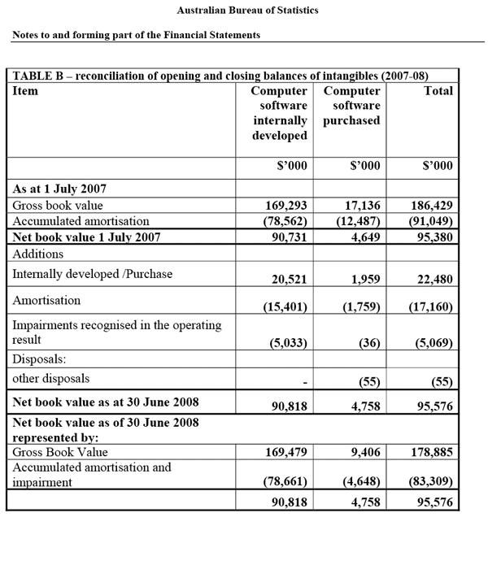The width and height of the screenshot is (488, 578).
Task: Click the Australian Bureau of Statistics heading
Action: coord(247,11)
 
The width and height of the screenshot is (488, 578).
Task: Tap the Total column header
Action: coord(438,91)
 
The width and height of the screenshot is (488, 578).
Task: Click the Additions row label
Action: coord(38,254)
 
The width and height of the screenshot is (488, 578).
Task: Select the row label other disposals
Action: coord(51,379)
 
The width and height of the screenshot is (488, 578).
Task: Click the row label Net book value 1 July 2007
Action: coord(87,237)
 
